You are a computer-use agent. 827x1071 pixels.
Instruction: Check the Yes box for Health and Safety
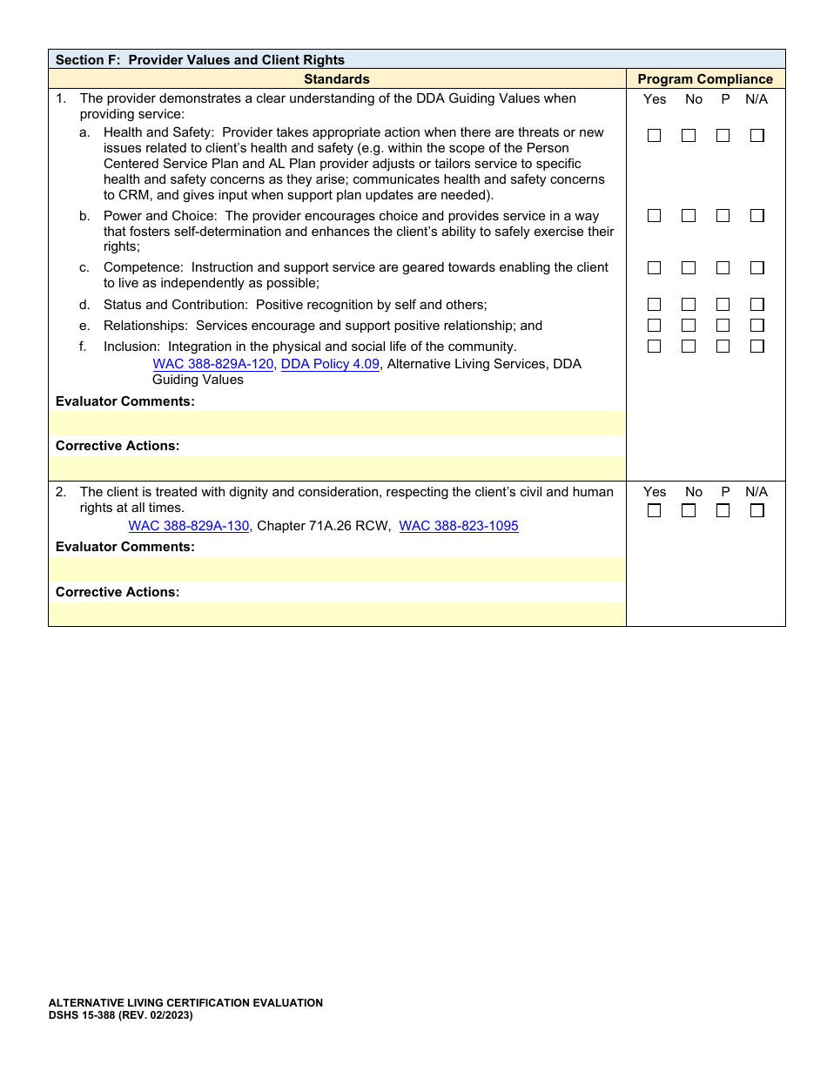point(654,136)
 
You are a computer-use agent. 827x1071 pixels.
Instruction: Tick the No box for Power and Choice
point(689,216)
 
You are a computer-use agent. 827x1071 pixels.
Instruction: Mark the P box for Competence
point(723,268)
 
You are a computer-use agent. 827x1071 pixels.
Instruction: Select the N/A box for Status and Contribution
point(757,305)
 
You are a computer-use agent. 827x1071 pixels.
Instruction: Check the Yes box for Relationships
point(654,326)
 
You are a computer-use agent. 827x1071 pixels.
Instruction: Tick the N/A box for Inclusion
point(757,347)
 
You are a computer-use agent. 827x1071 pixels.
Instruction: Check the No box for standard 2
point(689,511)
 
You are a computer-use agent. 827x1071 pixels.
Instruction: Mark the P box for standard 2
point(723,511)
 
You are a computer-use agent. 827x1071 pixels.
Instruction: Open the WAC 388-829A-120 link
point(213,364)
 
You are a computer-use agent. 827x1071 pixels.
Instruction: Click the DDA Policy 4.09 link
point(330,364)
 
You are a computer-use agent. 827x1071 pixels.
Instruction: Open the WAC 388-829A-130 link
point(189,526)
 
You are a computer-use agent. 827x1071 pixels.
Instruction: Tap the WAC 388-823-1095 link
point(459,526)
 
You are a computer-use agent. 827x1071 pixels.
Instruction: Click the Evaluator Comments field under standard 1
point(337,423)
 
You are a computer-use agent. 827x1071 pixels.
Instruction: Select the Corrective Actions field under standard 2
point(337,614)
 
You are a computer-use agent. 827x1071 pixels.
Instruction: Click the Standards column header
point(337,79)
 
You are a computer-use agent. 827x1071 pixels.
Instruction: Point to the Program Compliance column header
point(705,79)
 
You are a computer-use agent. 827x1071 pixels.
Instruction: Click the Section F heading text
point(200,60)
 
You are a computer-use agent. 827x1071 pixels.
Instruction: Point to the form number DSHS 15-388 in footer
point(120,1015)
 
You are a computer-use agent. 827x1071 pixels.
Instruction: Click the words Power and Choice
point(160,216)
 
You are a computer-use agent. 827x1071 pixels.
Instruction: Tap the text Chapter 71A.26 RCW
point(324,526)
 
